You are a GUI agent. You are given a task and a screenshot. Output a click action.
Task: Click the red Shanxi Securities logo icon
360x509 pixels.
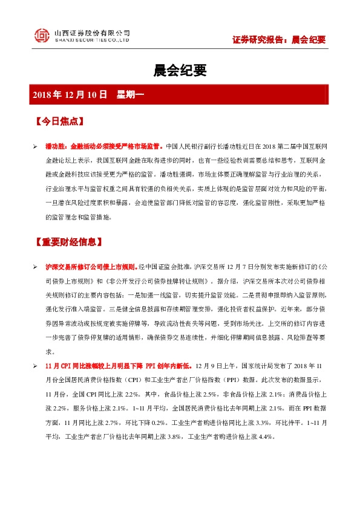(41, 36)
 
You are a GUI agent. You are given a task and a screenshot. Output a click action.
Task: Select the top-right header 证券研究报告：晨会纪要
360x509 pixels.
(279, 40)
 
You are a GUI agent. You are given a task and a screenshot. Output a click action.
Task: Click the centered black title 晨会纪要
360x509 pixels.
(180, 71)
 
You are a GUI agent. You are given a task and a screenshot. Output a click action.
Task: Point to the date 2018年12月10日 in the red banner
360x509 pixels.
(70, 95)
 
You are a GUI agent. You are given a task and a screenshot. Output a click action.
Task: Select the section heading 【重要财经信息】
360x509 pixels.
(68, 242)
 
